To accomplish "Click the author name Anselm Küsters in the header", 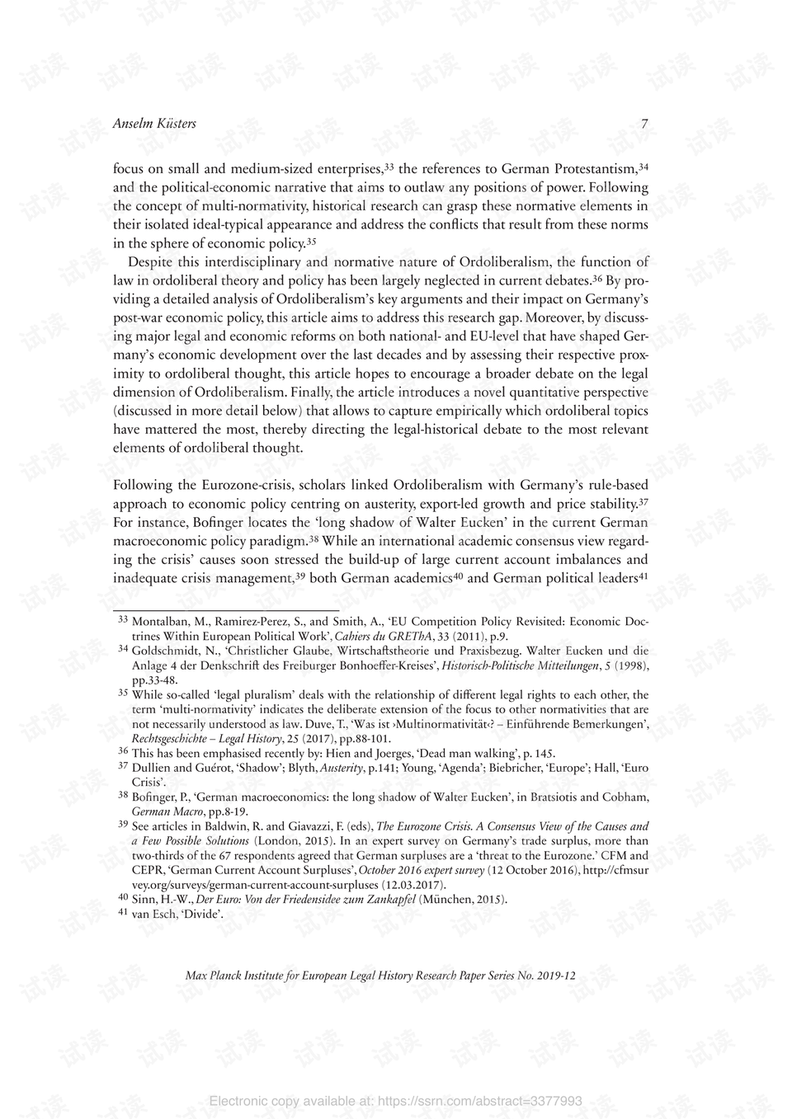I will (x=153, y=124).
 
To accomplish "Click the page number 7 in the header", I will (x=644, y=125).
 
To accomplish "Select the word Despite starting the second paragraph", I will (x=152, y=262).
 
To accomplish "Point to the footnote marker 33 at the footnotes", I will (x=123, y=619).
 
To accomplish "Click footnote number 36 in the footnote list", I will (x=123, y=751).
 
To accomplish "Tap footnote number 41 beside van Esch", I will (x=123, y=913).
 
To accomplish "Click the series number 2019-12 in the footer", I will (x=556, y=976).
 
